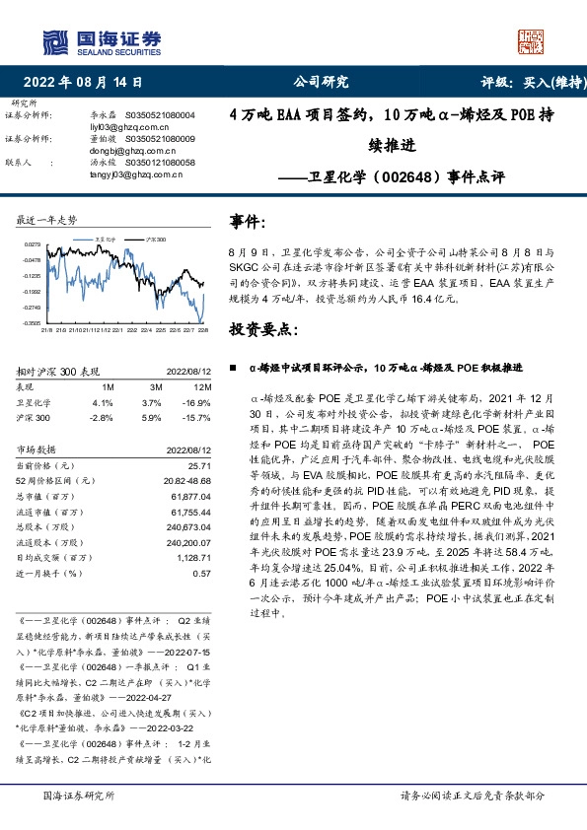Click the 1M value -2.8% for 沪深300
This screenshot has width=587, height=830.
pyautogui.click(x=102, y=418)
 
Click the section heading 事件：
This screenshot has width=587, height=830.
pyautogui.click(x=248, y=224)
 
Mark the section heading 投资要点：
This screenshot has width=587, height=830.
pyautogui.click(x=263, y=327)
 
